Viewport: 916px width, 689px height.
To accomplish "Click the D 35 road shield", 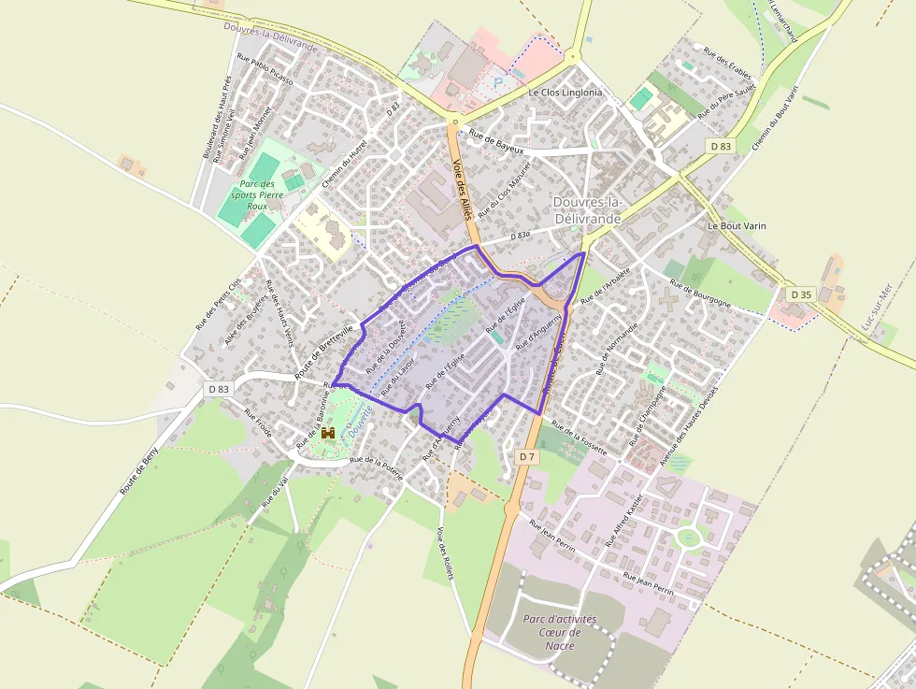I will click(x=800, y=294).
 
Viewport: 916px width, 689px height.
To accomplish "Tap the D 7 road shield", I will click(x=526, y=456).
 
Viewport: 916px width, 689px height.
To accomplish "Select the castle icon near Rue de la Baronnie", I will click(x=328, y=433).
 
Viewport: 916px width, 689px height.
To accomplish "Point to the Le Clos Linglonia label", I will click(x=565, y=93).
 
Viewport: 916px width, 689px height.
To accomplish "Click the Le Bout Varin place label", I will click(x=730, y=226).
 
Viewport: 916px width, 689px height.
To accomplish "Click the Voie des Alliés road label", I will click(x=462, y=189).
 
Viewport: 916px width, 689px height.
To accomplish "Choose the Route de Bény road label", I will click(x=139, y=470).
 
